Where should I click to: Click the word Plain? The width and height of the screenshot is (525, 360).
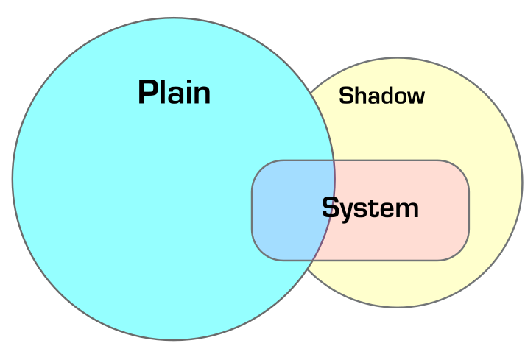[x=175, y=93]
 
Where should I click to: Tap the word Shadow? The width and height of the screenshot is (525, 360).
[x=381, y=96]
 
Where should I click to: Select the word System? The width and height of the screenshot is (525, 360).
[x=370, y=208]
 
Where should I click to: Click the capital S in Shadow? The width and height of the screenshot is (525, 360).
[x=345, y=96]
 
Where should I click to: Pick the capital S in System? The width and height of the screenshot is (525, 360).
[x=331, y=208]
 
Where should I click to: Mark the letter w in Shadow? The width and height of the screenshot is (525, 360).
[x=416, y=97]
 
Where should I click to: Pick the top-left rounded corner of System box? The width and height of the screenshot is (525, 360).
[x=259, y=168]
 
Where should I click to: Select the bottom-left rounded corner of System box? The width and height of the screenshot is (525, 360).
[x=259, y=253]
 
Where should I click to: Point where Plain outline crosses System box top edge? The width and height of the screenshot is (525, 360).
[x=334, y=160]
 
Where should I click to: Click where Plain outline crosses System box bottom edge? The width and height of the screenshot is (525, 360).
[x=313, y=260]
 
